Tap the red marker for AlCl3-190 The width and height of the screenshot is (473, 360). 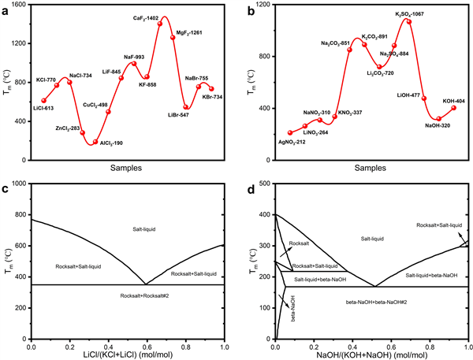click(x=95, y=143)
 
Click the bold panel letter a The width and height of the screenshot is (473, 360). click(x=6, y=7)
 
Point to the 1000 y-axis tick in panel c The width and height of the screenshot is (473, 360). click(x=19, y=184)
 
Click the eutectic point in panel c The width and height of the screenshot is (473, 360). click(x=144, y=284)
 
